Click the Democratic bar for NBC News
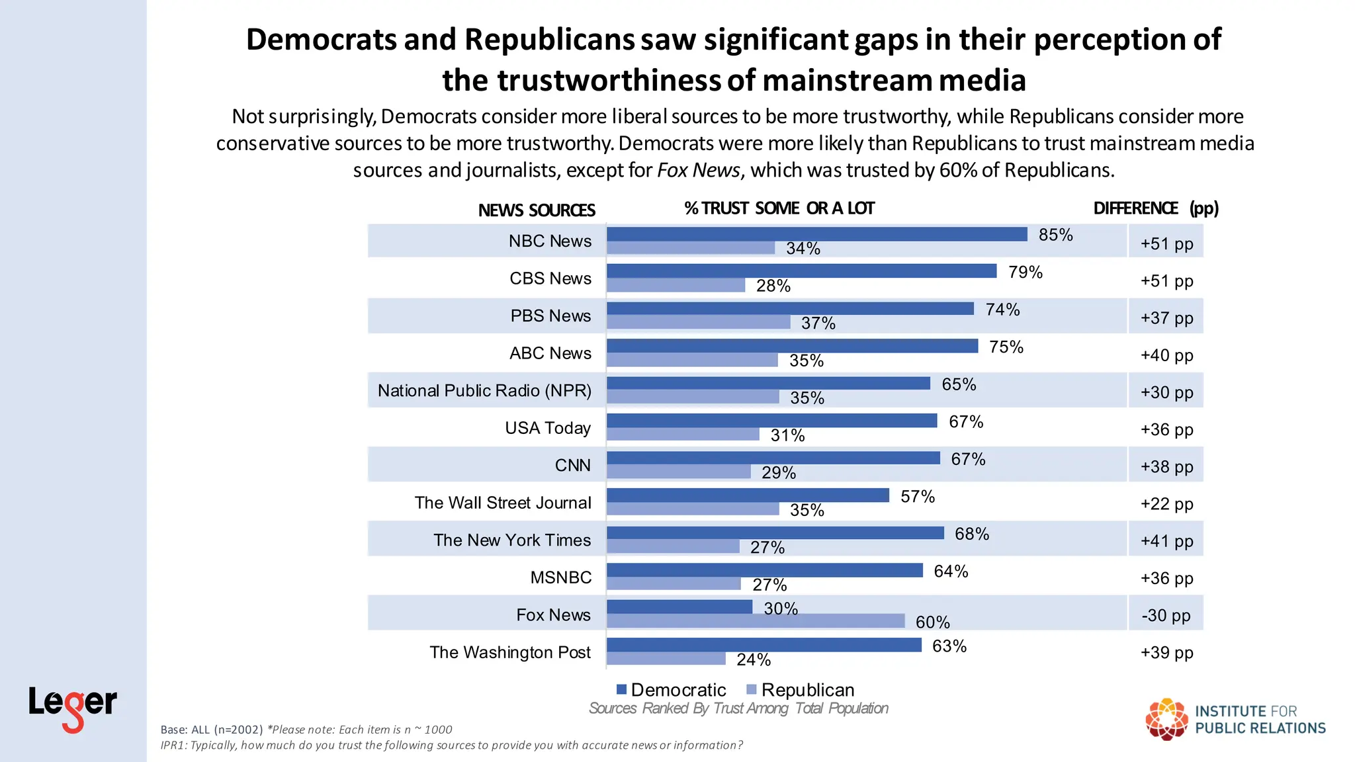(816, 234)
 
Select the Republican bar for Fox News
(755, 621)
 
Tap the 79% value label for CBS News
(1025, 272)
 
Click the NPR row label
(484, 390)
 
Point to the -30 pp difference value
(1166, 615)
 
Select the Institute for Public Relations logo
(1235, 719)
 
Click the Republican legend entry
(800, 690)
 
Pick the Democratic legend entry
(671, 690)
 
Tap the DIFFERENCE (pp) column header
(1155, 208)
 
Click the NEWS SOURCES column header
(537, 210)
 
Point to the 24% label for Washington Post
(754, 659)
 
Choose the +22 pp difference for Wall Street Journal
(1166, 504)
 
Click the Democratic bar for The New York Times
(775, 533)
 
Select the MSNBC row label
(560, 577)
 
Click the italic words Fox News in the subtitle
(698, 170)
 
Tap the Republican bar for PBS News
(698, 322)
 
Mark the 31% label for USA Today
(787, 435)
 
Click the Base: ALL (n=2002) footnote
(212, 730)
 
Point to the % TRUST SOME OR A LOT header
(779, 208)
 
